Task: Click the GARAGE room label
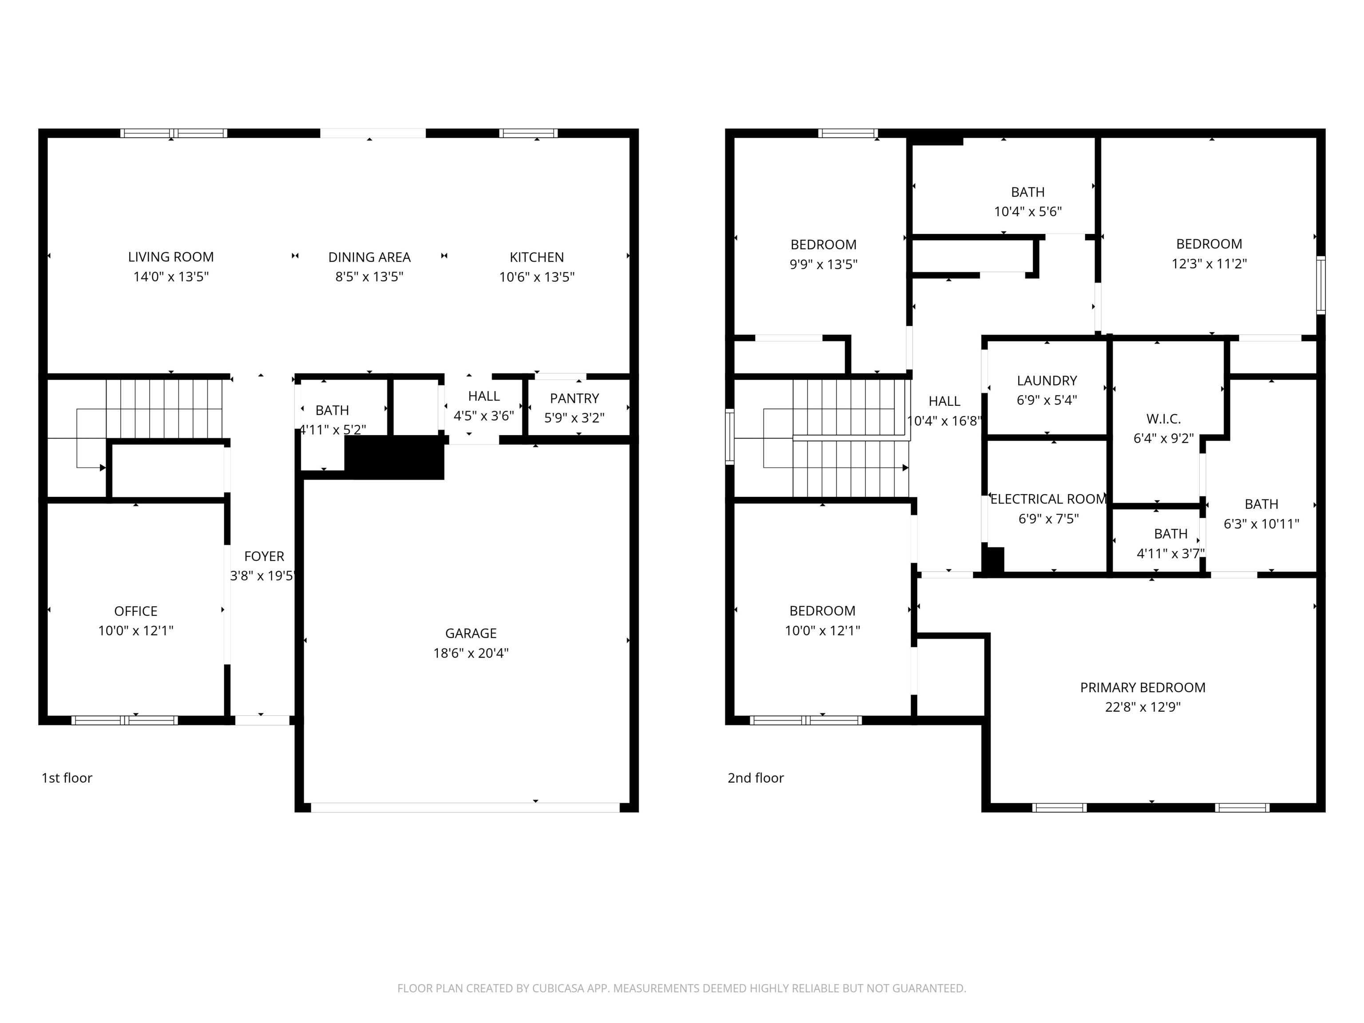[471, 633]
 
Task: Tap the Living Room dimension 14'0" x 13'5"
[171, 276]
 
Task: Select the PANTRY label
[574, 398]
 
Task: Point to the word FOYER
[264, 556]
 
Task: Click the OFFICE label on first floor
[136, 611]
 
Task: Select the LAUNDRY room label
[1047, 381]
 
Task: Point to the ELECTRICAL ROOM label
[1048, 499]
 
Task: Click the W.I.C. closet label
[1163, 419]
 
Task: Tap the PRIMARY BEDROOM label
[1142, 687]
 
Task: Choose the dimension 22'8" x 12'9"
[1142, 707]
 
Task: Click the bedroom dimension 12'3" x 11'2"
[1209, 264]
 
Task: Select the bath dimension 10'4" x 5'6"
[1027, 211]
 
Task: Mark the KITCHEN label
[536, 257]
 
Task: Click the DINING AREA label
[369, 257]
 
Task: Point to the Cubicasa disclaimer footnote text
[682, 988]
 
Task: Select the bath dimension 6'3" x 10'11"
[1261, 523]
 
